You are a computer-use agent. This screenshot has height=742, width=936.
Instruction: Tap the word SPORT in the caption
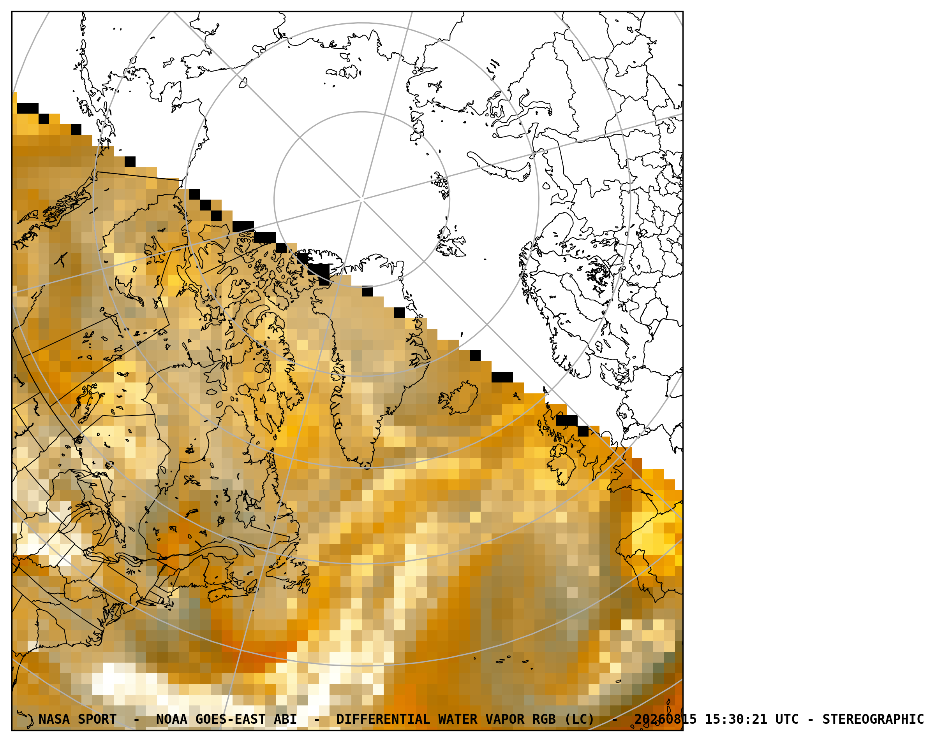click(x=97, y=719)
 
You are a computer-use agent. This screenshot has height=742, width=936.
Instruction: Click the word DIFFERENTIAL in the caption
click(x=383, y=719)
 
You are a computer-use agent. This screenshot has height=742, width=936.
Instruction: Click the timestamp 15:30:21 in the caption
click(x=736, y=719)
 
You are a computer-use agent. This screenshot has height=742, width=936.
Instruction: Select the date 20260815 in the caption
click(x=666, y=719)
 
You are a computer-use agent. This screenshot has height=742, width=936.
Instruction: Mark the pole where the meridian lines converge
click(x=361, y=200)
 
